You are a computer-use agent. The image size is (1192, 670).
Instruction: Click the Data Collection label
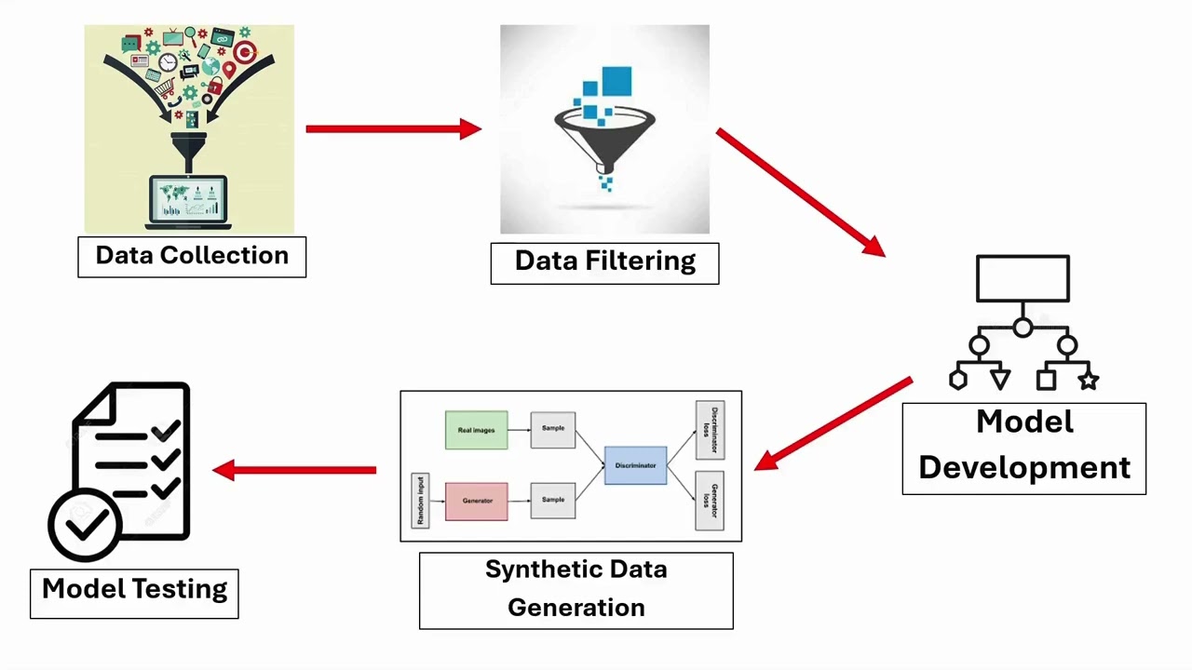(x=192, y=256)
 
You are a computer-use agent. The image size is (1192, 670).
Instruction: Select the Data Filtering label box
(x=604, y=262)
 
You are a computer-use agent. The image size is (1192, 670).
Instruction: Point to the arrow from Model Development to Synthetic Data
(x=833, y=422)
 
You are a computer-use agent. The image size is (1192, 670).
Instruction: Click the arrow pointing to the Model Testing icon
(x=294, y=470)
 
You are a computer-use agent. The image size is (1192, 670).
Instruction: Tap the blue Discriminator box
(x=635, y=465)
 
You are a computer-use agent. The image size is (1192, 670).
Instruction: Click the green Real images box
(x=476, y=430)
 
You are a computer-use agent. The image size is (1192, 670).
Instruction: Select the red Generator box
(x=476, y=501)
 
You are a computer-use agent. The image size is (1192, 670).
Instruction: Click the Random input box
(x=420, y=501)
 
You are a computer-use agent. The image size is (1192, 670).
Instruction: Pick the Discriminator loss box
(x=710, y=430)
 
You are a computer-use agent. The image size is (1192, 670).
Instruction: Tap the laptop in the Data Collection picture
(x=189, y=202)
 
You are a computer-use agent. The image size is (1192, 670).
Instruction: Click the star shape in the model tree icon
(x=1088, y=380)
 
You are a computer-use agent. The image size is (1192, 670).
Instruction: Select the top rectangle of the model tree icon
(x=1023, y=278)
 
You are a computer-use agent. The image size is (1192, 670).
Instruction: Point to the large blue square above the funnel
(x=616, y=81)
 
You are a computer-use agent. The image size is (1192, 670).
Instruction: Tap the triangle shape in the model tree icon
(x=1000, y=380)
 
